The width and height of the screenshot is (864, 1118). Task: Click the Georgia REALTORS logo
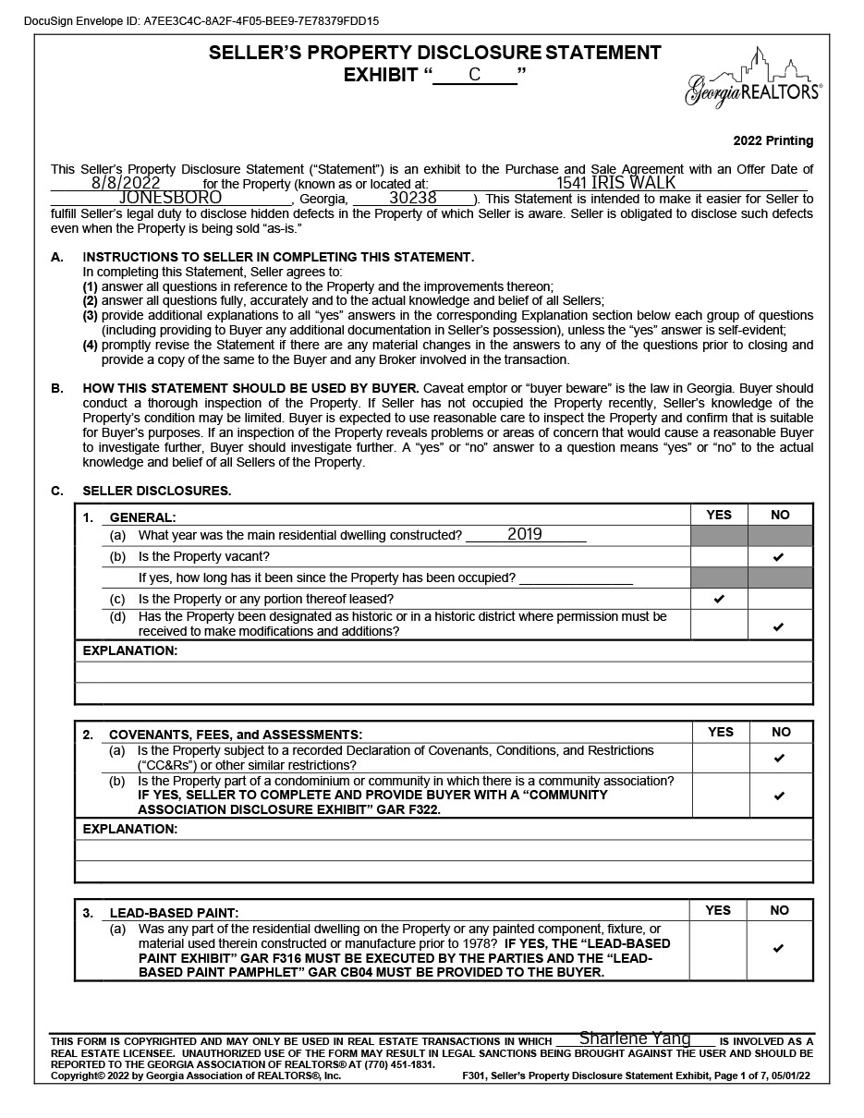pyautogui.click(x=753, y=81)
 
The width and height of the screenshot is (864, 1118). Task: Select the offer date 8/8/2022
pyautogui.click(x=126, y=183)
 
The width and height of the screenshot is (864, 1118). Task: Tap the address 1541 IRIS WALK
pyautogui.click(x=615, y=183)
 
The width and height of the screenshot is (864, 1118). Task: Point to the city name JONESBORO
pyautogui.click(x=170, y=198)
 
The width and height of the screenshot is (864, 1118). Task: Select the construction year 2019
pyautogui.click(x=525, y=534)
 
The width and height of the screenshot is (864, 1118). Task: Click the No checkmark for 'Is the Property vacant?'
pyautogui.click(x=779, y=557)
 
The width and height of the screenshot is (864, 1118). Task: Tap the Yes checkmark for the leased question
pyautogui.click(x=719, y=599)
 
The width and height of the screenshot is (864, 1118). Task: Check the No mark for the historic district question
pyautogui.click(x=779, y=626)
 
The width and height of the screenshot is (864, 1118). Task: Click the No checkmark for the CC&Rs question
pyautogui.click(x=779, y=759)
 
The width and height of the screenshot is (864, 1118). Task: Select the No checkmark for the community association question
pyautogui.click(x=779, y=796)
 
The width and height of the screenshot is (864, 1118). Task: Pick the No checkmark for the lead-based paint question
pyautogui.click(x=779, y=948)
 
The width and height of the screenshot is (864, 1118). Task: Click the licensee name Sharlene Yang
pyautogui.click(x=635, y=1039)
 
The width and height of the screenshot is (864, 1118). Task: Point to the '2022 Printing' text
pyautogui.click(x=773, y=141)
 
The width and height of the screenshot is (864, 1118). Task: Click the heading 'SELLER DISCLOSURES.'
pyautogui.click(x=157, y=491)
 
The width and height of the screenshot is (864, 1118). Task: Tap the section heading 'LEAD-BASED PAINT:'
pyautogui.click(x=174, y=913)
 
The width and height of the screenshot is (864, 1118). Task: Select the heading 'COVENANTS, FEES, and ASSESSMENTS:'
pyautogui.click(x=236, y=735)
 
